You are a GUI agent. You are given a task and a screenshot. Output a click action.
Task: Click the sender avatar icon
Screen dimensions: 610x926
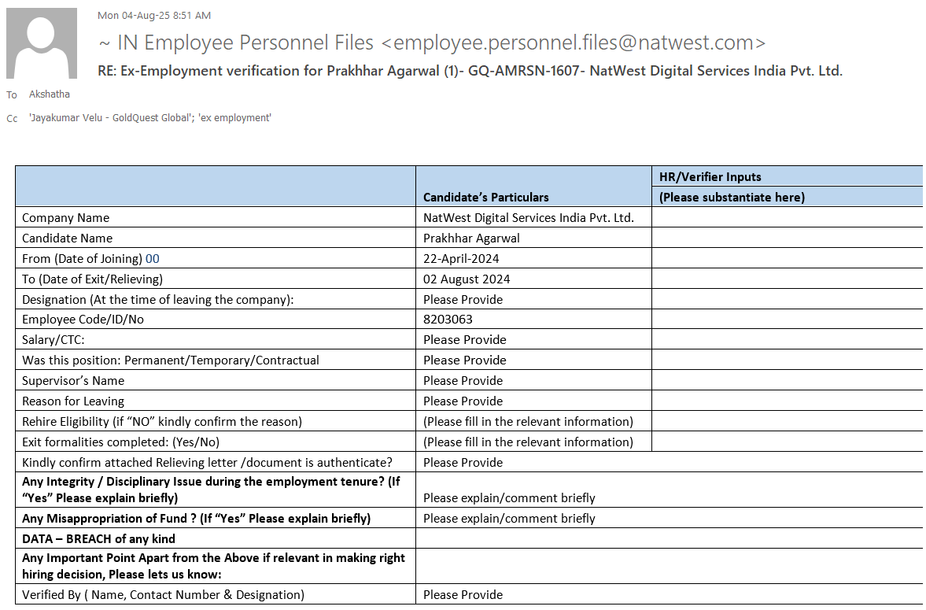[42, 43]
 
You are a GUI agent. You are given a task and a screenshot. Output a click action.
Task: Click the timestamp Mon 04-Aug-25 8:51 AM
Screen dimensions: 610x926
[154, 15]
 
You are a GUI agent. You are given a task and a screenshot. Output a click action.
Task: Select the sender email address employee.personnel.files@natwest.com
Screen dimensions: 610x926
[578, 43]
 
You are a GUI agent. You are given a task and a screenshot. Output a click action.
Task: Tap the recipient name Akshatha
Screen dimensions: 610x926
[49, 94]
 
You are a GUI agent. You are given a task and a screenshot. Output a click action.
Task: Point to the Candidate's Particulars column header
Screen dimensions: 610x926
[485, 197]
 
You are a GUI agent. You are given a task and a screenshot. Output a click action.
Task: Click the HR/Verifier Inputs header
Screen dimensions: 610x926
[710, 176]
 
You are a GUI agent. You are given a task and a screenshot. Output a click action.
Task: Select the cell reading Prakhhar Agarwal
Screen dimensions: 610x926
[471, 238]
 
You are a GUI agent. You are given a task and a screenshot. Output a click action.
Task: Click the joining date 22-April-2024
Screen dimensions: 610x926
[461, 258]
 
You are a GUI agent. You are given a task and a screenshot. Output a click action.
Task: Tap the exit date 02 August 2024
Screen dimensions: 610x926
[467, 279]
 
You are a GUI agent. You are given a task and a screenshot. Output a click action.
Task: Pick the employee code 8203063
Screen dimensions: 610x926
[448, 320]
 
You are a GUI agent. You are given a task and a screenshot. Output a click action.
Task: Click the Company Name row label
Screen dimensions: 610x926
[65, 217]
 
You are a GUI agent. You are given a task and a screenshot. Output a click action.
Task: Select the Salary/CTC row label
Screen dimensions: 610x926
[53, 340]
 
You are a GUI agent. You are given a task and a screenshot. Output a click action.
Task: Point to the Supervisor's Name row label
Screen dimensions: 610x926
[73, 381]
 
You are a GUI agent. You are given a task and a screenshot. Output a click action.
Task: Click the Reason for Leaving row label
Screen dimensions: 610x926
[73, 401]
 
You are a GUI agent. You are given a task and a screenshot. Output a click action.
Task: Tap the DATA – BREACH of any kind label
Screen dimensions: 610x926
[98, 539]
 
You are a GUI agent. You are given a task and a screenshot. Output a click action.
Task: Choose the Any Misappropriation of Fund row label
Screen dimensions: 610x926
[196, 519]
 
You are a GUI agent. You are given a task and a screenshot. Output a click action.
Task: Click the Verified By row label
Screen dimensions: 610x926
[163, 595]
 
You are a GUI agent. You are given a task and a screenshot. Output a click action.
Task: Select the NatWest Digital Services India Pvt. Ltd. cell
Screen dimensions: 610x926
[528, 217]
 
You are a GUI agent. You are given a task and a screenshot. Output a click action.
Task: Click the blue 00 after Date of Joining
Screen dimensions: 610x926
[153, 258]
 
